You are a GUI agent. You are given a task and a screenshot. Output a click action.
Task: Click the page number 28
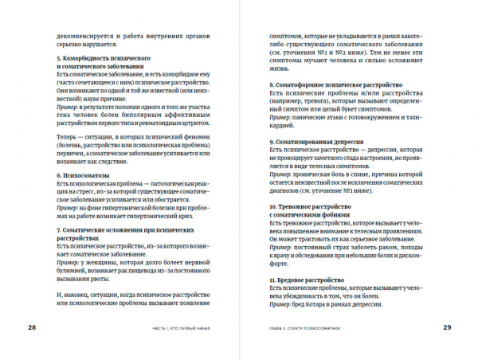tap(32, 327)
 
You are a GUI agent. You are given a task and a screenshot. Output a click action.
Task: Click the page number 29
tap(447, 327)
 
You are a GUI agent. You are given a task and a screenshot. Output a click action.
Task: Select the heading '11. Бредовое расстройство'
tap(303, 281)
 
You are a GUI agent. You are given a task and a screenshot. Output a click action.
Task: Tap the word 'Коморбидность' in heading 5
tap(91, 59)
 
